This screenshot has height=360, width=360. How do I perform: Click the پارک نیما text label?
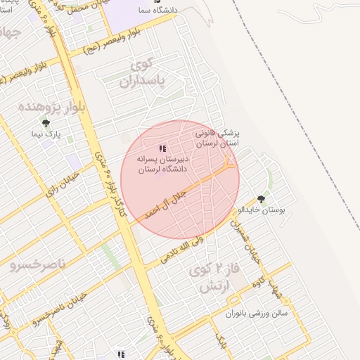pos(50,133)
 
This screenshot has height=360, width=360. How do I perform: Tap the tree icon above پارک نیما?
pos(46,123)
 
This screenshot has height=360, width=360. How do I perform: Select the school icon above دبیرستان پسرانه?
pos(162,148)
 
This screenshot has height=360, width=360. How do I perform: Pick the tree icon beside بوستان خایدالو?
pos(262,199)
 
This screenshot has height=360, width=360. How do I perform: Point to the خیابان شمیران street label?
pos(251,243)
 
